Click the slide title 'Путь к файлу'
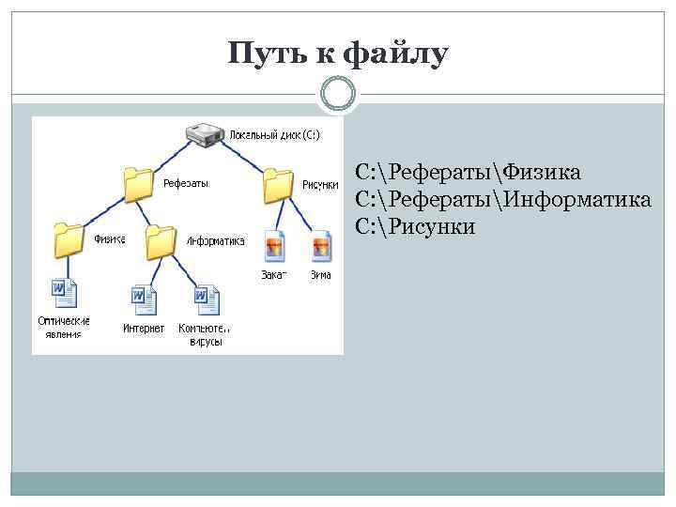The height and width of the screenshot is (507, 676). (338, 54)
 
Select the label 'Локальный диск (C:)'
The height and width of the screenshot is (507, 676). (274, 135)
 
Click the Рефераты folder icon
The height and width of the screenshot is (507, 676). (138, 184)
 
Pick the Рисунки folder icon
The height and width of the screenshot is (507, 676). (278, 184)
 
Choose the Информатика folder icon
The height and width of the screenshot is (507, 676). (161, 241)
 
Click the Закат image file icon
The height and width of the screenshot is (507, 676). (275, 248)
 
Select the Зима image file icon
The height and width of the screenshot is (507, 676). (321, 248)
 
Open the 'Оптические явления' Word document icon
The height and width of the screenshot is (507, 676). (64, 294)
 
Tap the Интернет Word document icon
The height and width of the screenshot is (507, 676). (143, 300)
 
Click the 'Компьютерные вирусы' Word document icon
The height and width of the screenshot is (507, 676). (206, 300)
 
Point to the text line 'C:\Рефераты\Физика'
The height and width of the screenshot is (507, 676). (468, 173)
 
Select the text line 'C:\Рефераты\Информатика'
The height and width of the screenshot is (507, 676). (503, 199)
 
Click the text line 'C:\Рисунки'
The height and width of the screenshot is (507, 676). (416, 226)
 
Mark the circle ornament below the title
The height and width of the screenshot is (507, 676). (338, 94)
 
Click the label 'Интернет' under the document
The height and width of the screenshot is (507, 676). (144, 329)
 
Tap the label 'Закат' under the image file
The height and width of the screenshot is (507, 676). (274, 275)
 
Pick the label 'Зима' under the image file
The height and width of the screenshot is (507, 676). (321, 275)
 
